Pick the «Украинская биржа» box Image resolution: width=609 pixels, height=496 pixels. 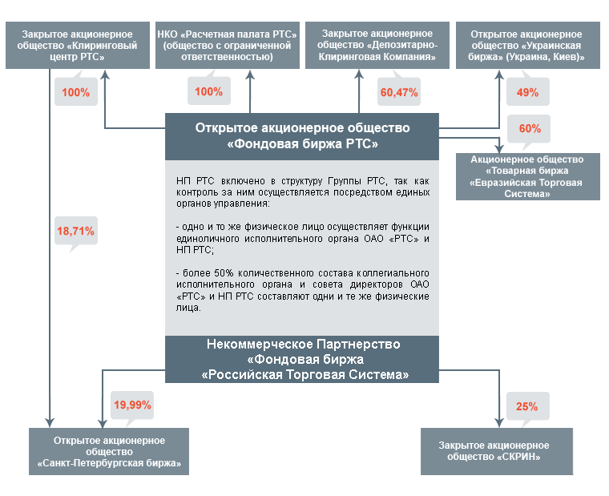526,46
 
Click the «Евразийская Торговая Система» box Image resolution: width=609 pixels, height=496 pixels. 526,176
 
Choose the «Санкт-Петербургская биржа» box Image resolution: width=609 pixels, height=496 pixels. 109,451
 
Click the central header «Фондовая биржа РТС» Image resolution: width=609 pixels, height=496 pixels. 302,136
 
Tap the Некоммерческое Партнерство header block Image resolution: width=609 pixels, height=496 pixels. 302,359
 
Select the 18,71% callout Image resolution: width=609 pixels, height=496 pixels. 75,231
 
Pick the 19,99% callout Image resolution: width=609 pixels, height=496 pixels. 132,405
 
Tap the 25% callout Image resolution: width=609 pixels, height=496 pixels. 526,405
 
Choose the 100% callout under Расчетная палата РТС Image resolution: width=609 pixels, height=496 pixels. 208,91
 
